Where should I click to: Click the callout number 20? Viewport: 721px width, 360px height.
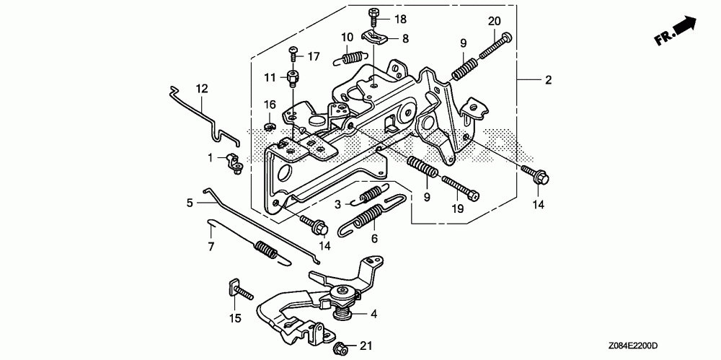tap(495, 22)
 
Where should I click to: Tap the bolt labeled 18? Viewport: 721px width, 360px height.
tap(373, 17)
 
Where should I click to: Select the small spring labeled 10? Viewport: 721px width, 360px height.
tap(351, 58)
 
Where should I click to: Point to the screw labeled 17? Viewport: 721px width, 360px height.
tap(293, 54)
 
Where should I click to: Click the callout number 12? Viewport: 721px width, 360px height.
tap(203, 89)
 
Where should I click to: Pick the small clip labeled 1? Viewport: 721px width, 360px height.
tap(235, 164)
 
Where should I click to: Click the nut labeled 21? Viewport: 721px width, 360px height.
tap(342, 346)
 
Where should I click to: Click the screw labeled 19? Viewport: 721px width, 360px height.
tap(460, 188)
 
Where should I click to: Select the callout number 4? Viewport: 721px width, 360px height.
tap(373, 314)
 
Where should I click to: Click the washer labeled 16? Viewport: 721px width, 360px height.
tap(270, 126)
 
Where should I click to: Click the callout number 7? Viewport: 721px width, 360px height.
tap(211, 247)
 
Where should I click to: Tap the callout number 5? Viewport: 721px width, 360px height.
tap(190, 203)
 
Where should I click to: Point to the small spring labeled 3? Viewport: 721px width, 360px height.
tap(370, 196)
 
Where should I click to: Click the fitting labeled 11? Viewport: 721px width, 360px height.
tap(293, 79)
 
